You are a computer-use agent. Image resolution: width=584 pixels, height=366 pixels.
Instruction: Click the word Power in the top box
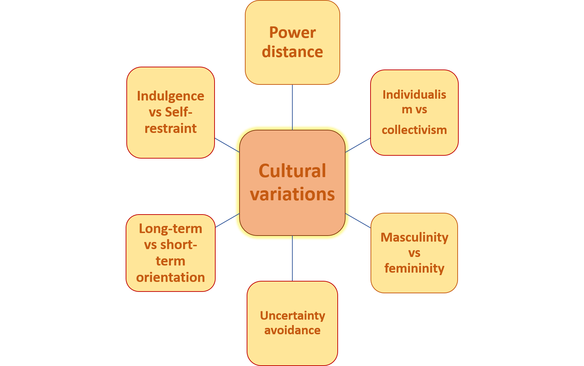(x=292, y=32)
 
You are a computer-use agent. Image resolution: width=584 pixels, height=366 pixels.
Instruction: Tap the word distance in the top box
(x=292, y=52)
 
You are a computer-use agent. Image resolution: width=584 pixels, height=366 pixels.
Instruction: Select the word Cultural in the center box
(x=292, y=171)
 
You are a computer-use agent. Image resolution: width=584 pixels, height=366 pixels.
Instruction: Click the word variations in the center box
(x=292, y=194)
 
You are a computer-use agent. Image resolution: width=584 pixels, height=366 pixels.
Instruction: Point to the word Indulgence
(x=171, y=96)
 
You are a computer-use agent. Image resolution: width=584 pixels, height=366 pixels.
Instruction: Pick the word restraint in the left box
(x=171, y=128)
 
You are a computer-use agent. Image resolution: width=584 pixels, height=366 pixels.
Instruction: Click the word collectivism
(x=414, y=130)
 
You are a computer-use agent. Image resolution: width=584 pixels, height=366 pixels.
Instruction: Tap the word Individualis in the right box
(x=414, y=95)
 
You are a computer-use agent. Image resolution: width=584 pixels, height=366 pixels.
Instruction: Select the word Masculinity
(x=414, y=237)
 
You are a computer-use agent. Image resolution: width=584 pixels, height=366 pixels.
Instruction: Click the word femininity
(x=414, y=268)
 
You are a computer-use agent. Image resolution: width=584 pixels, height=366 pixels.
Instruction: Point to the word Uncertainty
(x=292, y=315)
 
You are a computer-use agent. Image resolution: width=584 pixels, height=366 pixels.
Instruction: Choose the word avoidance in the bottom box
(x=292, y=330)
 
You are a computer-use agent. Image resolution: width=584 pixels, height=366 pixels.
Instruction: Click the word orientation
(x=171, y=277)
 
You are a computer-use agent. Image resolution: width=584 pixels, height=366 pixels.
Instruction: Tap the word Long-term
(x=171, y=229)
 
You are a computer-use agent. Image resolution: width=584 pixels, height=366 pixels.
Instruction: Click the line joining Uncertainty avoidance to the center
(x=292, y=258)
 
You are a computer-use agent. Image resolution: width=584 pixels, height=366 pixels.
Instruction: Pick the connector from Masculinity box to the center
(x=358, y=221)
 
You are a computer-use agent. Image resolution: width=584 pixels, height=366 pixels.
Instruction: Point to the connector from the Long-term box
(x=227, y=221)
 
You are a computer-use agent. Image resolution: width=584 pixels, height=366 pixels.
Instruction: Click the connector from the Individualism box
(x=358, y=145)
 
